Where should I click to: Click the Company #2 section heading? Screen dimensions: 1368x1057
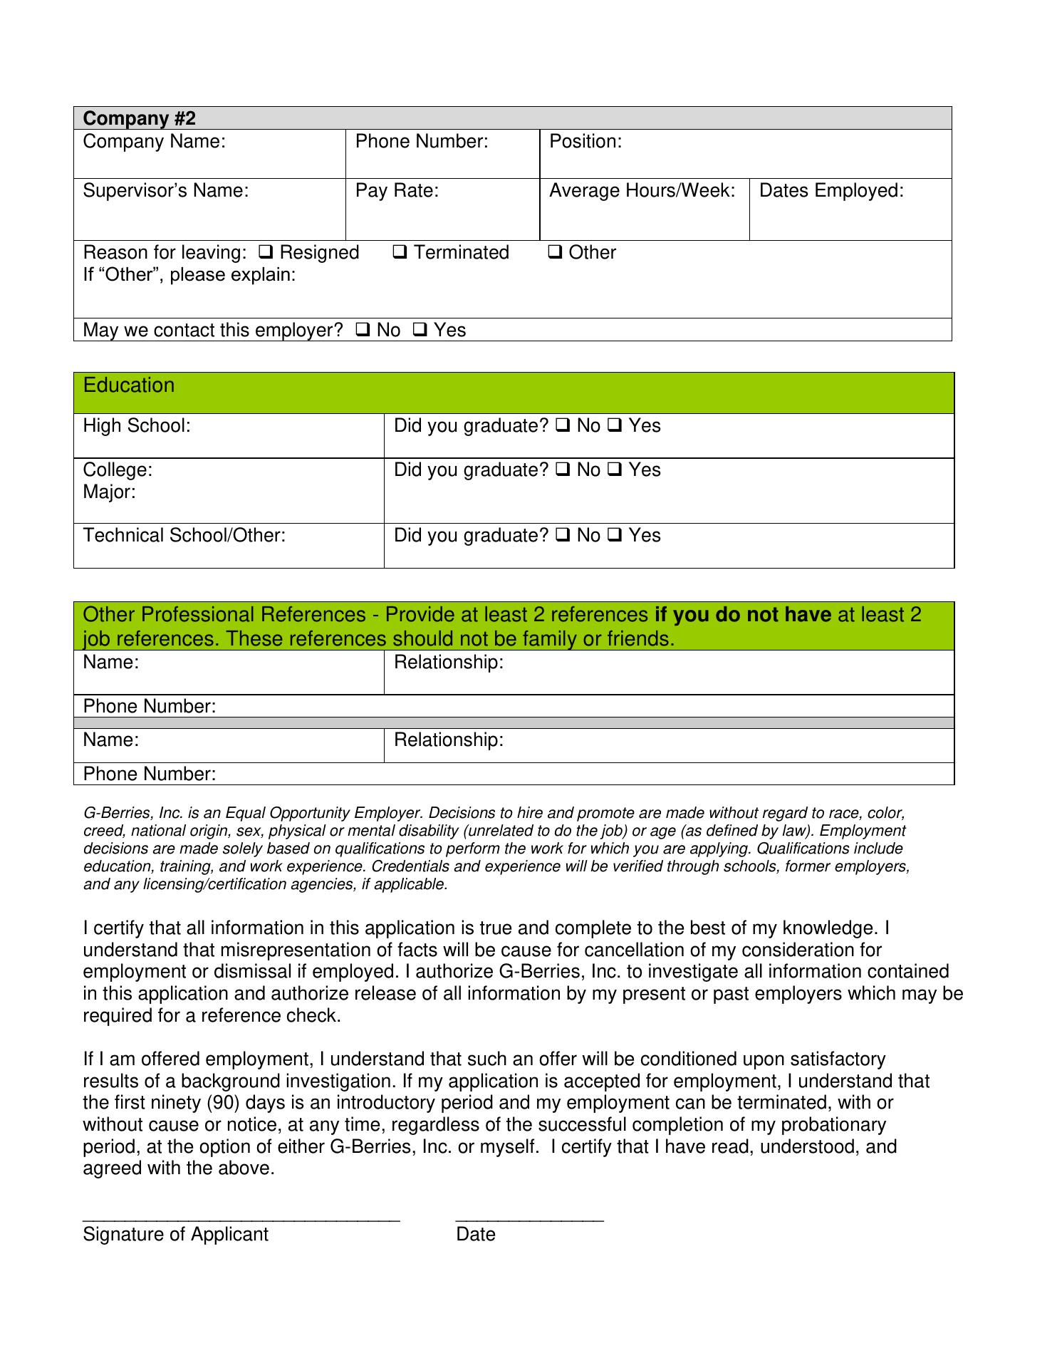point(139,118)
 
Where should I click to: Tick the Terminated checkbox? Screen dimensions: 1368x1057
point(400,252)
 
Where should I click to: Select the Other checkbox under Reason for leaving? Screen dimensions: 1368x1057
point(556,252)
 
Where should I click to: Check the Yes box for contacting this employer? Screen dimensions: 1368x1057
point(420,330)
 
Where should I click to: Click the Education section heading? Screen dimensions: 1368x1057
point(129,385)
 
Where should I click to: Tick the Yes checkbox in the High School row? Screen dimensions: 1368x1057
point(615,426)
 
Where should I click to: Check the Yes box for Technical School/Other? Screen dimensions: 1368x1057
point(615,536)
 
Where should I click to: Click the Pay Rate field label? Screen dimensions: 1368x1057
point(397,191)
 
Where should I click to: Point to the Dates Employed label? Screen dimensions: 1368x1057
point(831,191)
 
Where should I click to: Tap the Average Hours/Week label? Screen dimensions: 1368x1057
point(642,191)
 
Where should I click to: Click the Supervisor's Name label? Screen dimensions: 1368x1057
point(166,191)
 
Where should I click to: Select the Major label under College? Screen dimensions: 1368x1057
point(109,492)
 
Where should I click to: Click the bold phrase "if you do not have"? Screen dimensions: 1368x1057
point(742,615)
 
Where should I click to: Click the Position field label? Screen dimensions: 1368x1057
point(585,142)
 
